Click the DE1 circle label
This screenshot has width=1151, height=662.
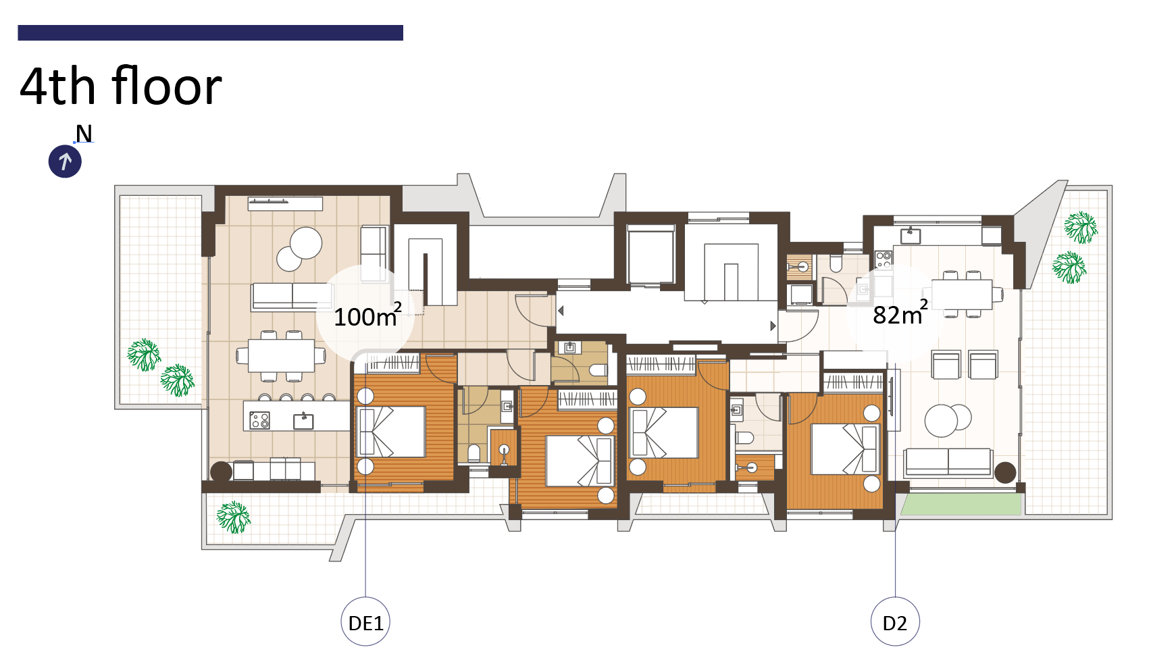click(365, 621)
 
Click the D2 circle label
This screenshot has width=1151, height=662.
click(895, 621)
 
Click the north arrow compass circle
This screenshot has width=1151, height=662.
click(65, 161)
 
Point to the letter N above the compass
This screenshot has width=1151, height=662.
click(84, 134)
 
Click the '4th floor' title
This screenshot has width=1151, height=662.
click(120, 86)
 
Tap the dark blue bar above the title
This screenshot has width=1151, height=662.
click(210, 32)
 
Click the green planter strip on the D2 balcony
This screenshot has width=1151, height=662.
click(961, 504)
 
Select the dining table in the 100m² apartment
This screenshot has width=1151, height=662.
click(281, 355)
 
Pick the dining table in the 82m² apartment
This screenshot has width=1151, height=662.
click(962, 295)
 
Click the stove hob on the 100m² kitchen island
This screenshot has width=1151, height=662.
click(259, 420)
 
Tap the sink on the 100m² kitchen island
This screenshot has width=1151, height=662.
click(303, 421)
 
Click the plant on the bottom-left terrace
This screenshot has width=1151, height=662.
click(233, 517)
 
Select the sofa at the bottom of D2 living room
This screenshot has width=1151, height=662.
click(948, 461)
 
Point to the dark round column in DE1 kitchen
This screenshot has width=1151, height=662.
click(222, 472)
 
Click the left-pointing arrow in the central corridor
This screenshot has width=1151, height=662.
click(561, 311)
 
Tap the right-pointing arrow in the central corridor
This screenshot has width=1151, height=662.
click(773, 326)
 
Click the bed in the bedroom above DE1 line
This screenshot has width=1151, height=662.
click(392, 432)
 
